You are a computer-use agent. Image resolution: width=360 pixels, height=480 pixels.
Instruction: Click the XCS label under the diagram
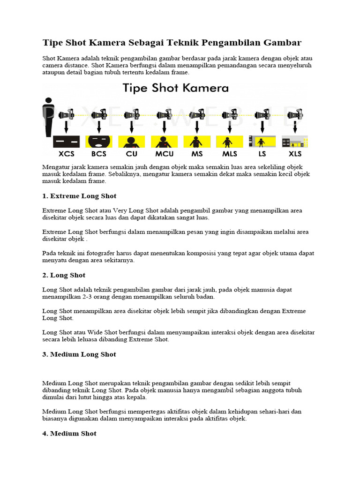(66, 154)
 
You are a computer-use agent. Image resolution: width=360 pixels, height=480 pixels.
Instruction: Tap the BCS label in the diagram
(99, 154)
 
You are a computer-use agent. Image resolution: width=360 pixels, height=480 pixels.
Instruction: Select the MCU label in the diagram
(164, 154)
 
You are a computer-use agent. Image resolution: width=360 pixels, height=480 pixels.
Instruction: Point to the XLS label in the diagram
(295, 154)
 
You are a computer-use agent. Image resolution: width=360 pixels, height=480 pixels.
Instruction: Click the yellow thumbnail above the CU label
(132, 142)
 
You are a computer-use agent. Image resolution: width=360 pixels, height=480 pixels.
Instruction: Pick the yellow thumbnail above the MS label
(196, 142)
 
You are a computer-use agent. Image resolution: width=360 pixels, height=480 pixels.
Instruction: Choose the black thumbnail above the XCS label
(66, 142)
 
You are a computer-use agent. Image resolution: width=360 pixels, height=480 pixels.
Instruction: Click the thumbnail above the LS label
(262, 142)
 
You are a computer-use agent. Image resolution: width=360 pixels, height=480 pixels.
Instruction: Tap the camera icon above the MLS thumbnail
(229, 114)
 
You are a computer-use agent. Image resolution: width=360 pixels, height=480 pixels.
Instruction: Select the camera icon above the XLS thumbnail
(295, 114)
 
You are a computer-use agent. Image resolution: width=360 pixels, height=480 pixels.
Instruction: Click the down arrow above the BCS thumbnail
(99, 127)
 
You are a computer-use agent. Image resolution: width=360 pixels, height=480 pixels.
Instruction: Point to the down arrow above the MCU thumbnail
(164, 127)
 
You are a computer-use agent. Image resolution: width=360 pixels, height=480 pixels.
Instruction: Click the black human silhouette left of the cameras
(48, 117)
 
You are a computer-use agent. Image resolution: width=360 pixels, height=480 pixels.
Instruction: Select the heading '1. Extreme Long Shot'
(79, 196)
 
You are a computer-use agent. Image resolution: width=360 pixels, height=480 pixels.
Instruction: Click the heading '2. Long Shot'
(64, 275)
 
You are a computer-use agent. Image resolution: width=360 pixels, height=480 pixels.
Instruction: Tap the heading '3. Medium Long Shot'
(79, 354)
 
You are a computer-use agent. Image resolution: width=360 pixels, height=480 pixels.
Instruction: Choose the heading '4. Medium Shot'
(69, 434)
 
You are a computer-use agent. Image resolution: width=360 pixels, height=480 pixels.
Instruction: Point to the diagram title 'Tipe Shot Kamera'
(175, 88)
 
